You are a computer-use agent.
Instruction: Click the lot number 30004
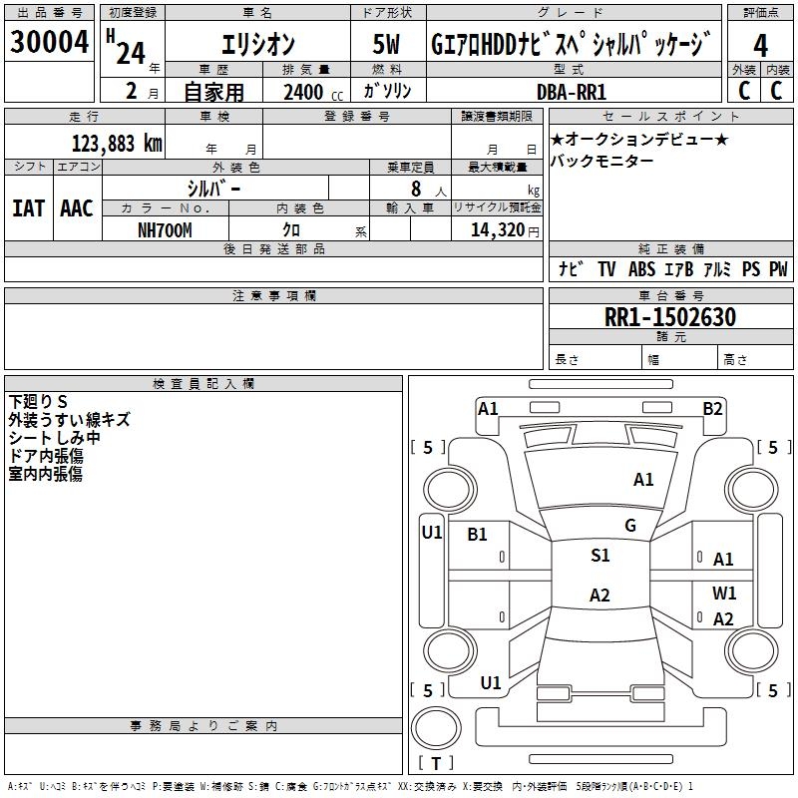[49, 42]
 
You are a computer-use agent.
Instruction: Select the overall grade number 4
[760, 46]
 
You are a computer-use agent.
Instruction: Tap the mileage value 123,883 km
[117, 144]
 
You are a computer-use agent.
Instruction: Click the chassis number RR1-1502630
[670, 317]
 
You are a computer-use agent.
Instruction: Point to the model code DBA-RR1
[572, 92]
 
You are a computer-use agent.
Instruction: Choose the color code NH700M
[165, 230]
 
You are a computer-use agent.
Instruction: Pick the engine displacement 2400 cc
[313, 92]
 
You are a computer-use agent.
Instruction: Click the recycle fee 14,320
[497, 230]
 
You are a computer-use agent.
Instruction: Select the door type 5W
[386, 44]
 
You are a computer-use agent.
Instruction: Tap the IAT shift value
[29, 208]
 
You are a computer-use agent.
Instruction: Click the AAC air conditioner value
[77, 208]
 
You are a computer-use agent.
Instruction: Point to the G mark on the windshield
[630, 526]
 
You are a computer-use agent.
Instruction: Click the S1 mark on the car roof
[600, 556]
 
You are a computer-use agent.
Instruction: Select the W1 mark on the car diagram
[724, 593]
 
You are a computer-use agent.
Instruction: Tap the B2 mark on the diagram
[712, 409]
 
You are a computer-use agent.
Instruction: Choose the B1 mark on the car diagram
[477, 534]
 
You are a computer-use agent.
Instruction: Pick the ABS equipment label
[641, 269]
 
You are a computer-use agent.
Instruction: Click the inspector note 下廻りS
[38, 402]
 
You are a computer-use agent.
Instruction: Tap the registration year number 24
[131, 54]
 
